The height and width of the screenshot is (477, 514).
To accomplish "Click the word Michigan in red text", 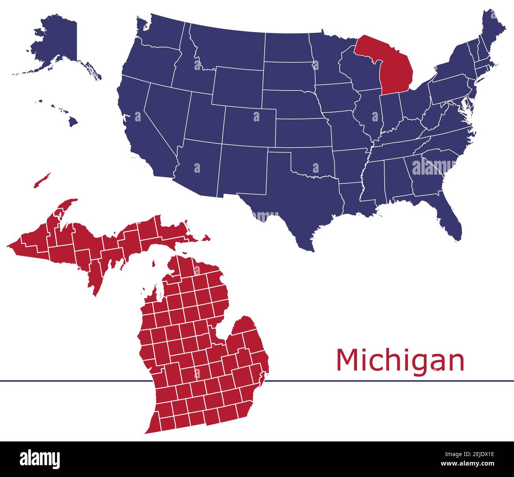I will tap(400, 360).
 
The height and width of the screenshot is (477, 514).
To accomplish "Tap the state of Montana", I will tap(229, 47).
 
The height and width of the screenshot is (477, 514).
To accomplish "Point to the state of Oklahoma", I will tap(312, 162).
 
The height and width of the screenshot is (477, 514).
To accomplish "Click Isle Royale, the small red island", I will tap(42, 180).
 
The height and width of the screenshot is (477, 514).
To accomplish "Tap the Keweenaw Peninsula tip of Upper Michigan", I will tap(71, 202).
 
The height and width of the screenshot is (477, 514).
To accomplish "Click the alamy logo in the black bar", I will tap(40, 459).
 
